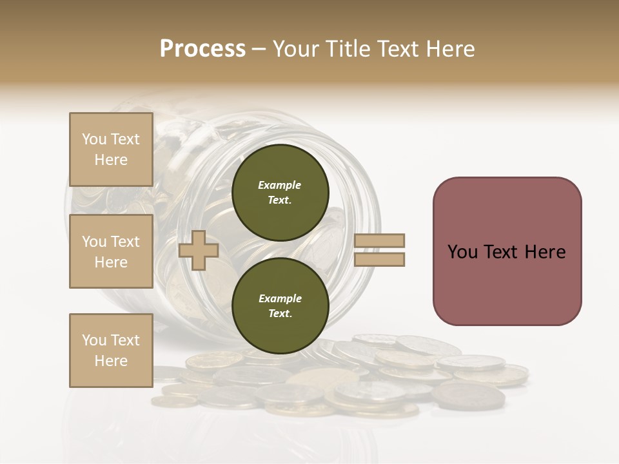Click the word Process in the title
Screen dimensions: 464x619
(202, 49)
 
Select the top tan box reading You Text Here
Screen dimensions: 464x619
(111, 150)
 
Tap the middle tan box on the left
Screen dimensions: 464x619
(111, 251)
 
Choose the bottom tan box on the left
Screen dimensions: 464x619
(111, 350)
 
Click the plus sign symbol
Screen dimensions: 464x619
(198, 250)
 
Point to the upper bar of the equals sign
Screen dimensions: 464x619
(380, 240)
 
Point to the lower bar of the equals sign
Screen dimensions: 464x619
(380, 259)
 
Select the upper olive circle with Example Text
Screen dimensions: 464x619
(280, 192)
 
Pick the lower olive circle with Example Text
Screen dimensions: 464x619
(280, 305)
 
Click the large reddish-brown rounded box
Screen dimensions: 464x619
(507, 251)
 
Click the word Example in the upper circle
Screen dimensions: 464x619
(280, 185)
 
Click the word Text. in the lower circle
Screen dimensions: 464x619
(280, 314)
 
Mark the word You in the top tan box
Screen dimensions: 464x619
(94, 139)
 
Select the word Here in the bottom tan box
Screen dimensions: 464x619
(111, 361)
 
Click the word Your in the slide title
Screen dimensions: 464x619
(296, 49)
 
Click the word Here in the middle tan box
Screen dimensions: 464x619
(111, 262)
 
